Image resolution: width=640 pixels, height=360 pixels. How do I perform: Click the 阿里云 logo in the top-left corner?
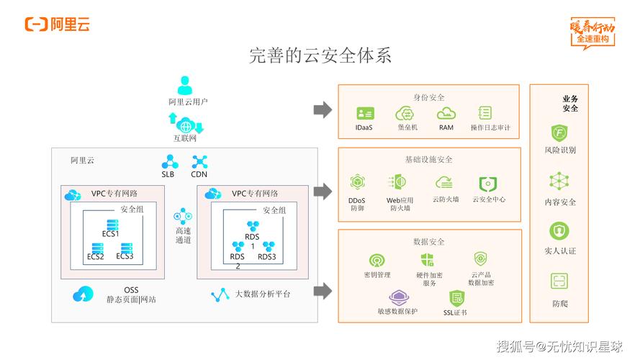click(x=58, y=24)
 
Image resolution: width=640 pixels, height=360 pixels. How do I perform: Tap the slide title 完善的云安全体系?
click(x=320, y=55)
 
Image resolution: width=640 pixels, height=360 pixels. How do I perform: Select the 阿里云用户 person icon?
click(x=186, y=85)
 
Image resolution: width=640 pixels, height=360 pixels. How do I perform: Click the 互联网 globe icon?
click(x=186, y=124)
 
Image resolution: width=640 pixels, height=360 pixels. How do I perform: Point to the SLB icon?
click(x=169, y=161)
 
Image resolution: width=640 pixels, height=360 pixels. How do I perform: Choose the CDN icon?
click(x=199, y=161)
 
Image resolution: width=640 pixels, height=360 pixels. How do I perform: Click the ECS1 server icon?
click(x=112, y=224)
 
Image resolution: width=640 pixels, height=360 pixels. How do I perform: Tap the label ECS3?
click(x=125, y=256)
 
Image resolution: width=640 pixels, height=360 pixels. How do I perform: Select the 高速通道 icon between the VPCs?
click(x=183, y=215)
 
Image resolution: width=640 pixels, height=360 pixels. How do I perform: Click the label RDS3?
click(x=267, y=257)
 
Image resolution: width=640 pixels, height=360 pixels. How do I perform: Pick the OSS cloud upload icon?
click(x=83, y=294)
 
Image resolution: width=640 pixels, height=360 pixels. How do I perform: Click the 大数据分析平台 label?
click(x=263, y=294)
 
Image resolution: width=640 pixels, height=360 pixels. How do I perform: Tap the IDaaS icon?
click(x=364, y=114)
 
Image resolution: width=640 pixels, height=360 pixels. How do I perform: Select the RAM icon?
click(x=446, y=113)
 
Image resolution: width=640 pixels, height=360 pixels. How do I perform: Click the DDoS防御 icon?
click(x=357, y=183)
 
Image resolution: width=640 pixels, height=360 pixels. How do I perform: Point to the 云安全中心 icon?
click(x=488, y=184)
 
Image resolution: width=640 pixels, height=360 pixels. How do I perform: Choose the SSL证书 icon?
click(x=455, y=297)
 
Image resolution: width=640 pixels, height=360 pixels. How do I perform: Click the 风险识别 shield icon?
click(x=559, y=133)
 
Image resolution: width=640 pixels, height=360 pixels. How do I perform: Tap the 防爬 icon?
click(x=559, y=282)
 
